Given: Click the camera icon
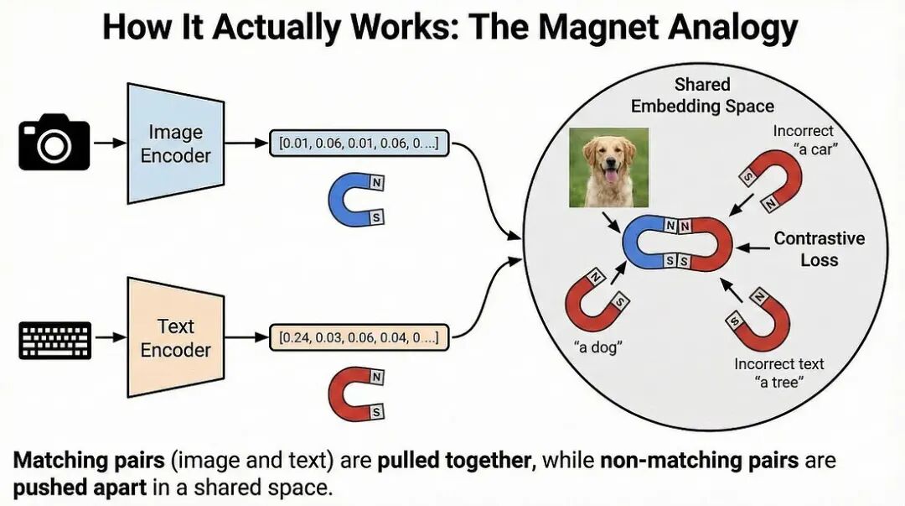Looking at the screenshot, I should [54, 143].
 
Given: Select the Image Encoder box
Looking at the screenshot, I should [175, 143].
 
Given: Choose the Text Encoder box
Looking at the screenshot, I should [175, 338].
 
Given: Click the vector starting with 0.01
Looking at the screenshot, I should [359, 143].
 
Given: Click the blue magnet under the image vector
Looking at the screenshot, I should [355, 202].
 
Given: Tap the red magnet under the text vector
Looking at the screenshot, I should [355, 394].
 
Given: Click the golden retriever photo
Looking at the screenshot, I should [608, 167].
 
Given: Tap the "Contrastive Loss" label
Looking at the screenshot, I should [819, 248].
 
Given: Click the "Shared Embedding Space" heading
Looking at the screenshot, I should [702, 95].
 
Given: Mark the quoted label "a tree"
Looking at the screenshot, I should [779, 383].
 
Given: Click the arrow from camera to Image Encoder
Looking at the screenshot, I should [107, 143].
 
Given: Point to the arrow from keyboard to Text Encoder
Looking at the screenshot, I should [107, 338].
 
